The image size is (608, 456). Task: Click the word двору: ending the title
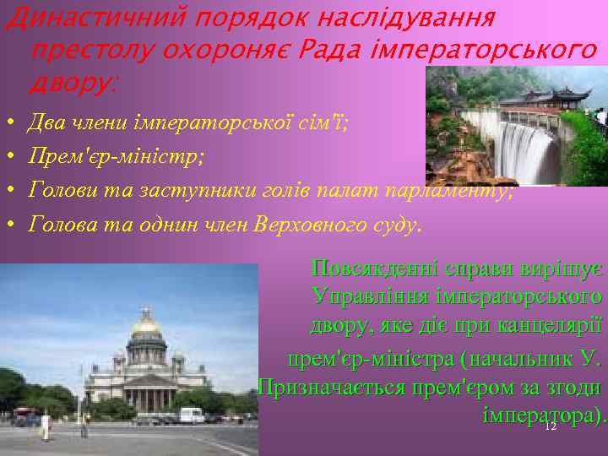[x=74, y=83]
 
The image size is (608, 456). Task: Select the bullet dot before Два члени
[x=9, y=125]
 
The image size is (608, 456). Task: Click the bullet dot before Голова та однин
[x=9, y=225]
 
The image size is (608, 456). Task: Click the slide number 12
[x=550, y=427]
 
